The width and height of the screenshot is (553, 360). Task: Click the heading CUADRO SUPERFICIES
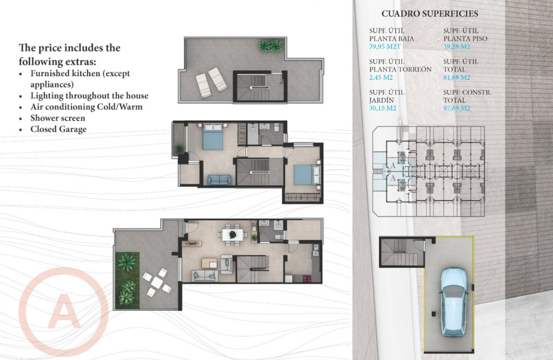point(430,14)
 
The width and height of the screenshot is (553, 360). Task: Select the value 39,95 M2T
point(386,47)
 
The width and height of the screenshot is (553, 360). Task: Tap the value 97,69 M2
point(457,108)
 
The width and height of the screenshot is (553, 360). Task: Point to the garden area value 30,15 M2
point(382,108)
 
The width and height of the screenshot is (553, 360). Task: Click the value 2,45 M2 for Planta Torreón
point(381,78)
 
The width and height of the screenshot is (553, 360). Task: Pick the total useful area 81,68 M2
point(457,78)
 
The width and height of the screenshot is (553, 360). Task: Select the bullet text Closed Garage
point(58,129)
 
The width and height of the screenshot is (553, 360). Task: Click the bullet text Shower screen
point(57,118)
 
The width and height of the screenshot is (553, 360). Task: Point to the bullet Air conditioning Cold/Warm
point(86,107)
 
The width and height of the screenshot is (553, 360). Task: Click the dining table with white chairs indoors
point(232,234)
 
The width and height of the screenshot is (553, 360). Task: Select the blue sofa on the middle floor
point(219,180)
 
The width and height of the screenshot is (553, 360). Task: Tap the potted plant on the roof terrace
point(270,46)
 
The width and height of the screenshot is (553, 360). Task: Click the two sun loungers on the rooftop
point(211,84)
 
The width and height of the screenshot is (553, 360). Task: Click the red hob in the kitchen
point(307,279)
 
